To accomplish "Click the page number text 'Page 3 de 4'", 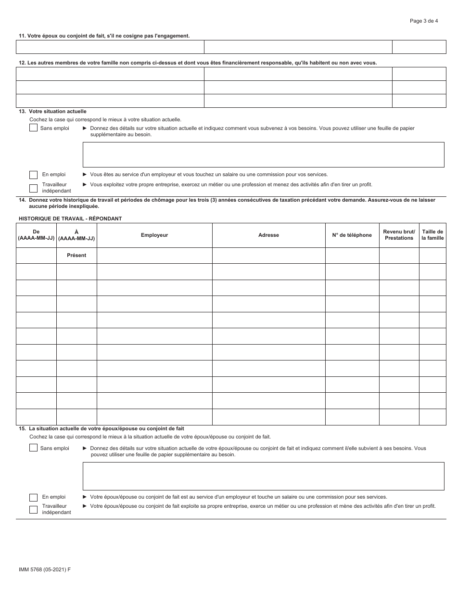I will click(424, 21).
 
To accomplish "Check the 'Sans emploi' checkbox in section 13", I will click(33, 128).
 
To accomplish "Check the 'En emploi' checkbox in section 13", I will click(33, 175).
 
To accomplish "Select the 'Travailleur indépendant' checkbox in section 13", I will click(33, 188).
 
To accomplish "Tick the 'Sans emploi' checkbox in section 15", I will click(33, 448).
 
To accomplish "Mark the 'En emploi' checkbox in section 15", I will click(33, 497).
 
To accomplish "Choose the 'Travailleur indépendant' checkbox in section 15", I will click(33, 510).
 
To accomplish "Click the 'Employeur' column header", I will click(154, 235).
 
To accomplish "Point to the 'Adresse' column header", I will click(268, 235).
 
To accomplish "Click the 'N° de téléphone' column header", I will click(352, 235).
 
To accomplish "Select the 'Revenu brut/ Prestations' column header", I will click(399, 235).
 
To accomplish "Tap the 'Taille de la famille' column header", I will click(432, 235).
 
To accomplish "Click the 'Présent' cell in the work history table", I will click(76, 256).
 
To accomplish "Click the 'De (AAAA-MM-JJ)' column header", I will click(36, 235).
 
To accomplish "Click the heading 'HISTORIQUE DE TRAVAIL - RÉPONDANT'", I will click(70, 219).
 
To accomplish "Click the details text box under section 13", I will click(263, 154).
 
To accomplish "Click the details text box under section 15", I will click(263, 476).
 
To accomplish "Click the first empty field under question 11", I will click(110, 47).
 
